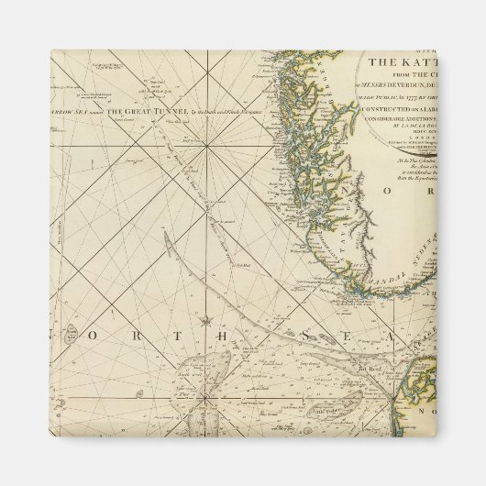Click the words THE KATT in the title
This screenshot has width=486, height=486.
click(397, 62)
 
